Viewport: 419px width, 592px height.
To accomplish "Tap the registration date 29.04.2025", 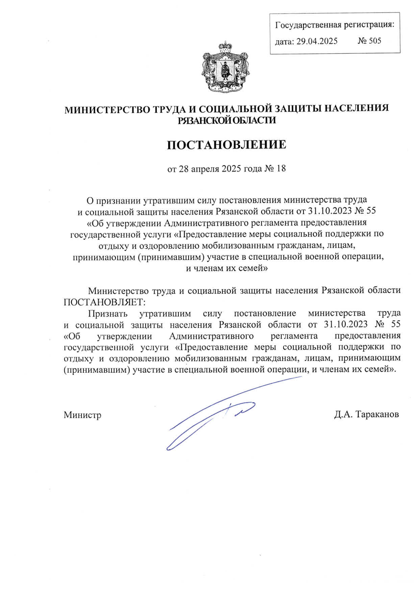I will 317,42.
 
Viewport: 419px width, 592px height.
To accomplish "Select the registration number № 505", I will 369,41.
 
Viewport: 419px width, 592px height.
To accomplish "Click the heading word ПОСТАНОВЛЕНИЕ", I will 226,144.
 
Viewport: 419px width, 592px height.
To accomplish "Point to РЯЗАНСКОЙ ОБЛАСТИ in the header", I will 227,120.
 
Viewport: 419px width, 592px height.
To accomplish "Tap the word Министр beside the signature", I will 82,415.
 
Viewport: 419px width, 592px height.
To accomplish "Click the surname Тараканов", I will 377,414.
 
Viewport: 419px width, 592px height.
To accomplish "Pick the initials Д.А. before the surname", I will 343,414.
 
